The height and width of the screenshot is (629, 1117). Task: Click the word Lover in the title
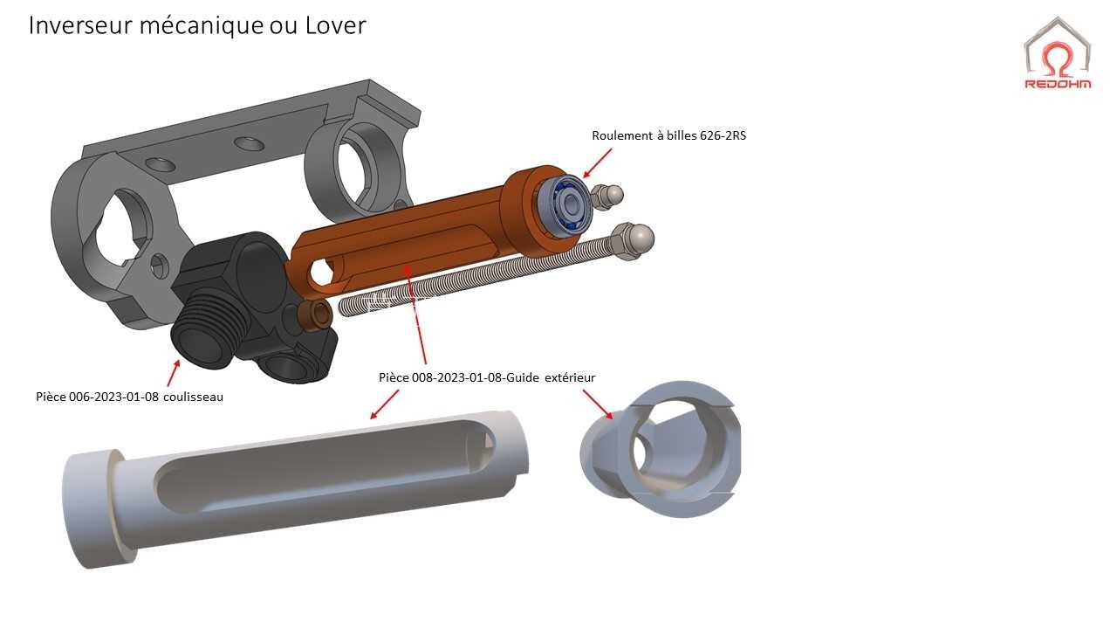pos(336,25)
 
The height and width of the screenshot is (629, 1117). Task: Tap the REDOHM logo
pos(1058,54)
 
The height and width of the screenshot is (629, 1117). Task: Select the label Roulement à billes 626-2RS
pos(668,135)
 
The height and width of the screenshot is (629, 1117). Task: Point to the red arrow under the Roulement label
pos(597,162)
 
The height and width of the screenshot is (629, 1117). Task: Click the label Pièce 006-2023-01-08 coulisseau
pos(130,397)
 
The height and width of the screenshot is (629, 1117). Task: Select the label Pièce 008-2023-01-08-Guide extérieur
pos(487,377)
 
